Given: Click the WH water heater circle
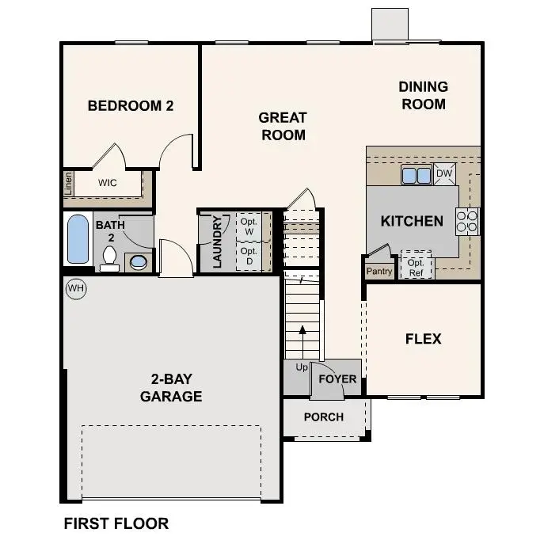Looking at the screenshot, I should pyautogui.click(x=76, y=289).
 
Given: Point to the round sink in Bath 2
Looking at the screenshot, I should pyautogui.click(x=137, y=262).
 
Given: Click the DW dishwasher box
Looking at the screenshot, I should pyautogui.click(x=443, y=173).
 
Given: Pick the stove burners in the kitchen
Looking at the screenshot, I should pyautogui.click(x=468, y=221).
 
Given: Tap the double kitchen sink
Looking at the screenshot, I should pyautogui.click(x=415, y=174).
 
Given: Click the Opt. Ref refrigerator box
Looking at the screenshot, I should pyautogui.click(x=417, y=266).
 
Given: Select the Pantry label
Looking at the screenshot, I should pyautogui.click(x=379, y=272).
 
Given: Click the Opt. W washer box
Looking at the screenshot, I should pyautogui.click(x=249, y=226).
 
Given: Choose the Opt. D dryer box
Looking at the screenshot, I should pyautogui.click(x=249, y=256).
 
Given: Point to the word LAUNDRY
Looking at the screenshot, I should pyautogui.click(x=218, y=241).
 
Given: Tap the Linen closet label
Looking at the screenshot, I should pyautogui.click(x=69, y=183).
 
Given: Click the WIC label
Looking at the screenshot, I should pyautogui.click(x=108, y=183).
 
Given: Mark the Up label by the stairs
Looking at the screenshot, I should pyautogui.click(x=302, y=368).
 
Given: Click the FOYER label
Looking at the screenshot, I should pyautogui.click(x=337, y=379).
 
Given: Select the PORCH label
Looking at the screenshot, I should pyautogui.click(x=324, y=417).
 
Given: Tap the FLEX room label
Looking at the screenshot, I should pyautogui.click(x=423, y=339).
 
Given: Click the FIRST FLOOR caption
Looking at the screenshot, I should pyautogui.click(x=116, y=523).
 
